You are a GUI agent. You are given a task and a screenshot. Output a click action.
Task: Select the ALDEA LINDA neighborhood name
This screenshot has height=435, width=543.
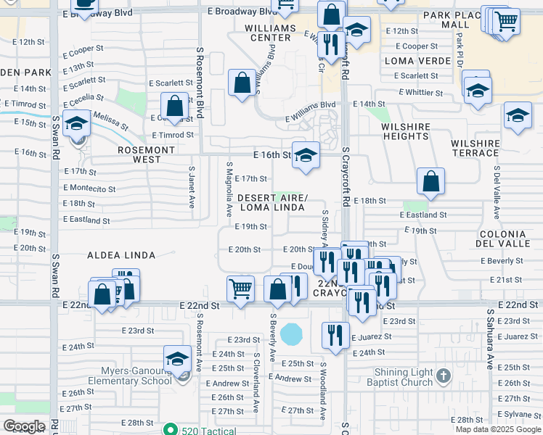pos(121,255)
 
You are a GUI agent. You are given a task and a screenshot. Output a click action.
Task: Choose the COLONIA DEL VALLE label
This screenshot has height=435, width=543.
pos(502,239)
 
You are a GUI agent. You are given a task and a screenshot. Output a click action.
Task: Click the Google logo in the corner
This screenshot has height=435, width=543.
pos(24,426)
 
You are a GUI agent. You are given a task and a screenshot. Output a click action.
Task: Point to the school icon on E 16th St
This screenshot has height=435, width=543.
pos(306,155)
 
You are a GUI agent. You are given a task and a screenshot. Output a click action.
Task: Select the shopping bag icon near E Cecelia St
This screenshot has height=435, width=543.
pos(175,106)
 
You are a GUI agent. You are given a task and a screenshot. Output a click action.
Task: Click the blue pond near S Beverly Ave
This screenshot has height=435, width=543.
pos(292,334)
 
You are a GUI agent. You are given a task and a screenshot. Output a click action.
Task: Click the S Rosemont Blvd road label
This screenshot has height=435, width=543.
pos(200,83)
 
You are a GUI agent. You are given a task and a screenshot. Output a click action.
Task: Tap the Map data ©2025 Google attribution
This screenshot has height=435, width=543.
pos(497,429)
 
